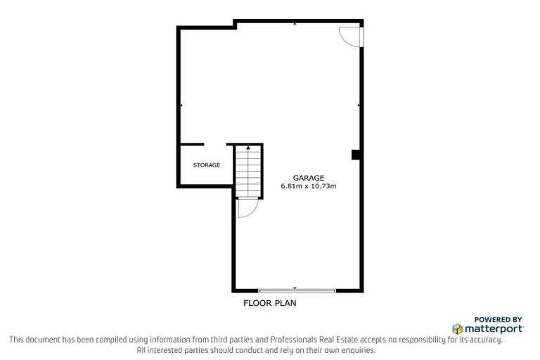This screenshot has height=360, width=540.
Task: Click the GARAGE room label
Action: click(309, 178)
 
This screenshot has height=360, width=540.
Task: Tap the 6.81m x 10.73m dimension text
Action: click(309, 186)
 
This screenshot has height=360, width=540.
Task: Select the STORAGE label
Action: click(207, 165)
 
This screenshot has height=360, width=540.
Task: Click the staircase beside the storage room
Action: click(248, 172)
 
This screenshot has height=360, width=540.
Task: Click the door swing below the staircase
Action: click(247, 209)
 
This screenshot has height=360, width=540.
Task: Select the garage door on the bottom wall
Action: click(296, 290)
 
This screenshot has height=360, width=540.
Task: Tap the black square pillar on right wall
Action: click(356, 155)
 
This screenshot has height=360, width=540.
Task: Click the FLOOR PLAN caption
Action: click(270, 304)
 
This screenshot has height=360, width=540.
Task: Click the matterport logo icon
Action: click(457, 328)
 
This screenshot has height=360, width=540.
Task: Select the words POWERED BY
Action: click(499, 319)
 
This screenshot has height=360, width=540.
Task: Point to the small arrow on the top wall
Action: click(295, 24)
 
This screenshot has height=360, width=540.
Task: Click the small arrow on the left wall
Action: click(181, 105)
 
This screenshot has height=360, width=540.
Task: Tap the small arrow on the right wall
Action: click(359, 105)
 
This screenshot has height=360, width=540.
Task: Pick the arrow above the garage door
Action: click(295, 288)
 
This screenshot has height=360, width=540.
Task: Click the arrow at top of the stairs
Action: click(248, 148)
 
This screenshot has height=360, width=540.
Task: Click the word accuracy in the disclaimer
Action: click(485, 340)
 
